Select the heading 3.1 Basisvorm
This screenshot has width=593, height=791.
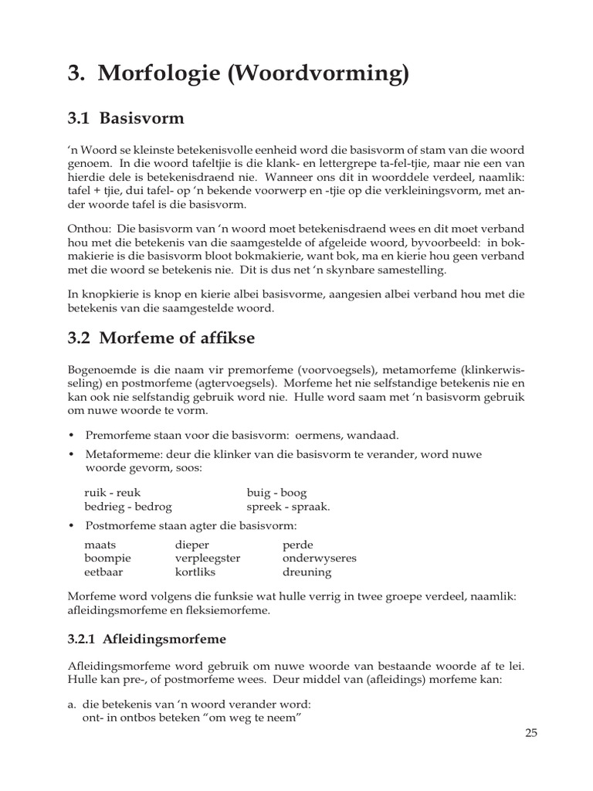(x=127, y=118)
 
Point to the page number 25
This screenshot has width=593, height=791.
(x=530, y=733)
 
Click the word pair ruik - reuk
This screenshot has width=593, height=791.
(x=112, y=493)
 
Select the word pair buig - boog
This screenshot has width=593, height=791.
(x=276, y=493)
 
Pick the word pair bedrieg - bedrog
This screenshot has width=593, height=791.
(x=128, y=507)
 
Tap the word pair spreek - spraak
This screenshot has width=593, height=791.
(x=288, y=507)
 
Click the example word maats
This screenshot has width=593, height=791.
(x=99, y=545)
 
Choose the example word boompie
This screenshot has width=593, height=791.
(x=107, y=558)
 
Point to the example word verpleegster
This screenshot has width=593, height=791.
(x=208, y=558)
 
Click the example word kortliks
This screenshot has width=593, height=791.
(x=195, y=572)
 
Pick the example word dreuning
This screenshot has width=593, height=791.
(x=307, y=572)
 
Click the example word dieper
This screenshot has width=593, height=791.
(x=192, y=545)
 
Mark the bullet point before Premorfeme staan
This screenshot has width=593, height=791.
(x=71, y=435)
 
